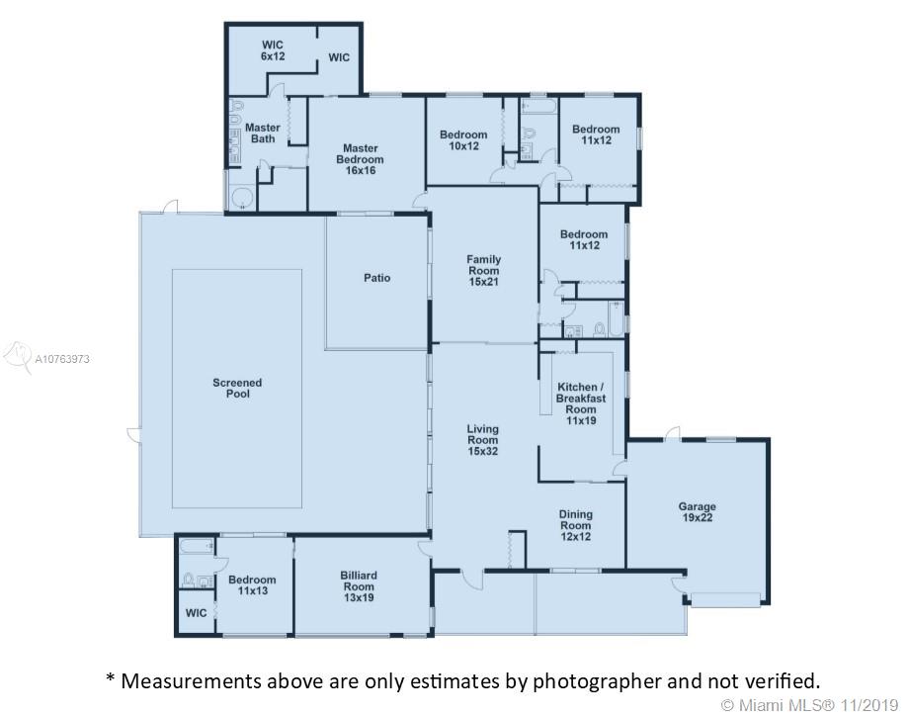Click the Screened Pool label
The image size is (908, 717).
click(237, 388)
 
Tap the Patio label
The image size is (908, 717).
click(377, 278)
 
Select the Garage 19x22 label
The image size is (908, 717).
click(698, 512)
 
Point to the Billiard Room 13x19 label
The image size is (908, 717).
click(359, 586)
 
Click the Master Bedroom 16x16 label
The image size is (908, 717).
click(360, 159)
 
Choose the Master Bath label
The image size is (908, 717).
click(263, 133)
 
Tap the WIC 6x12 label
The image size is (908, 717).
click(273, 50)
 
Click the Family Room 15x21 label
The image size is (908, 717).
click(483, 270)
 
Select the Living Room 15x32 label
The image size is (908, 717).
click(483, 440)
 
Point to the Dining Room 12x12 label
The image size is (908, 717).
click(576, 525)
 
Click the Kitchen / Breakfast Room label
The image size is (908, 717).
click(581, 399)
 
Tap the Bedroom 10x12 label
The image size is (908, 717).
click(463, 140)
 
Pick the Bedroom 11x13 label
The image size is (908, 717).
click(252, 584)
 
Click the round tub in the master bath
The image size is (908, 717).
click(243, 198)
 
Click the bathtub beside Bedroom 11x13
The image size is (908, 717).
click(197, 547)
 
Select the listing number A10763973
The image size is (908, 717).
click(62, 359)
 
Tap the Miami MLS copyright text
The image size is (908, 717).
click(809, 705)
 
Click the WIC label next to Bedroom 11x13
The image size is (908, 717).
click(196, 613)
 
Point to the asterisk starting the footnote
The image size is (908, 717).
click(111, 677)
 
